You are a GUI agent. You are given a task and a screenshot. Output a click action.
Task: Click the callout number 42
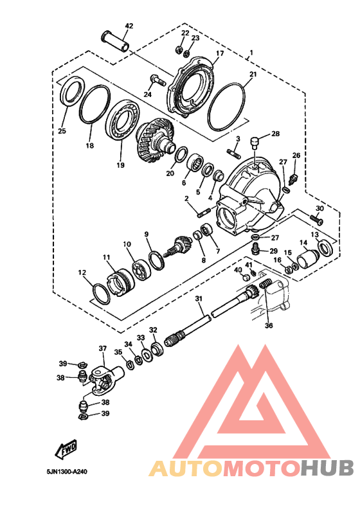(129, 26)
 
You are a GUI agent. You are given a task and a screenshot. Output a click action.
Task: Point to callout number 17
(219, 53)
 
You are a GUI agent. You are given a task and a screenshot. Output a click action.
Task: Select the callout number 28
(275, 134)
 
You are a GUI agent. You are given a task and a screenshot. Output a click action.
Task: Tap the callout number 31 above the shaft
(199, 299)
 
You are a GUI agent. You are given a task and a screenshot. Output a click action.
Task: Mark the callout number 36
(269, 325)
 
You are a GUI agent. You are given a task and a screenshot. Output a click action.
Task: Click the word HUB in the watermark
(328, 469)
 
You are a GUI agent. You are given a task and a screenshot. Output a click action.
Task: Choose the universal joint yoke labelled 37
(102, 380)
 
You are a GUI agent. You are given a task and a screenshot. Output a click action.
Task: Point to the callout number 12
(82, 272)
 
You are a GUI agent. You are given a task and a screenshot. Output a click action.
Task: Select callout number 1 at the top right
(251, 52)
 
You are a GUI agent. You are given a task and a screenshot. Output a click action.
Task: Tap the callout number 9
(147, 234)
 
